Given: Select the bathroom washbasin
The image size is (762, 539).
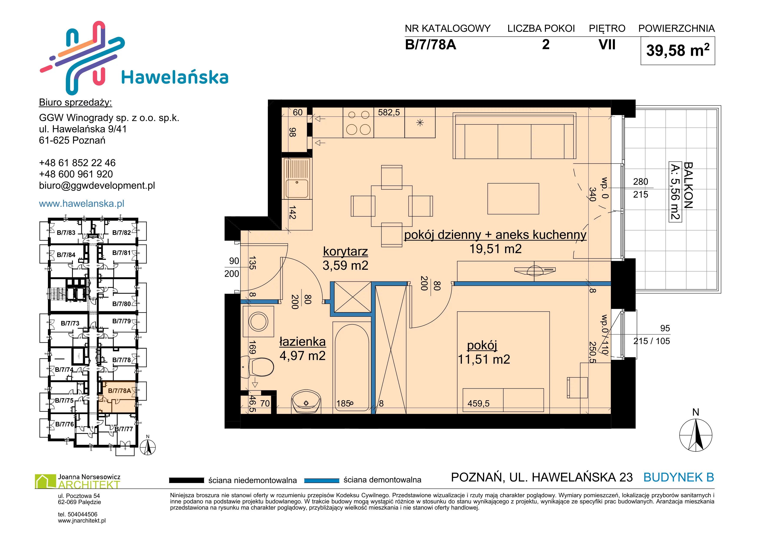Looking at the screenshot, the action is point(306,402).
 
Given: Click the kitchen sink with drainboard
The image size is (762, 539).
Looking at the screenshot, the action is point(297,179).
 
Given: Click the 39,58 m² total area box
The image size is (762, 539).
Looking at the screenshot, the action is point(678,51).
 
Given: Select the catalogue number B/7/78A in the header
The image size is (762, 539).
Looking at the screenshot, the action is point(430,45).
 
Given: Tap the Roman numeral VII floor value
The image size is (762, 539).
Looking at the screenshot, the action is point(607,45).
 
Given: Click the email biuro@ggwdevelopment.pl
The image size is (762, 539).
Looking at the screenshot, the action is point(97,186).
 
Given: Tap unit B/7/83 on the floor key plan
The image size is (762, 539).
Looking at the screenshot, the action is point(66,233).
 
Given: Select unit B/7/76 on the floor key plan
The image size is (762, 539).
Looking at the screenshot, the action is point(64,424).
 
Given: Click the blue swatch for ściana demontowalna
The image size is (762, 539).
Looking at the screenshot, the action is point(322,480).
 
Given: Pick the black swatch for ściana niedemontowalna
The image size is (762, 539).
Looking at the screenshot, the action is point(186,480).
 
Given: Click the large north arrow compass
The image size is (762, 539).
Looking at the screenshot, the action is point(696,435).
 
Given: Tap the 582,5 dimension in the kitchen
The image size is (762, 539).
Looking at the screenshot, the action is point(389,113).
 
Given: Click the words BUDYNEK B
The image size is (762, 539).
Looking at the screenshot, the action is point(679,477).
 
